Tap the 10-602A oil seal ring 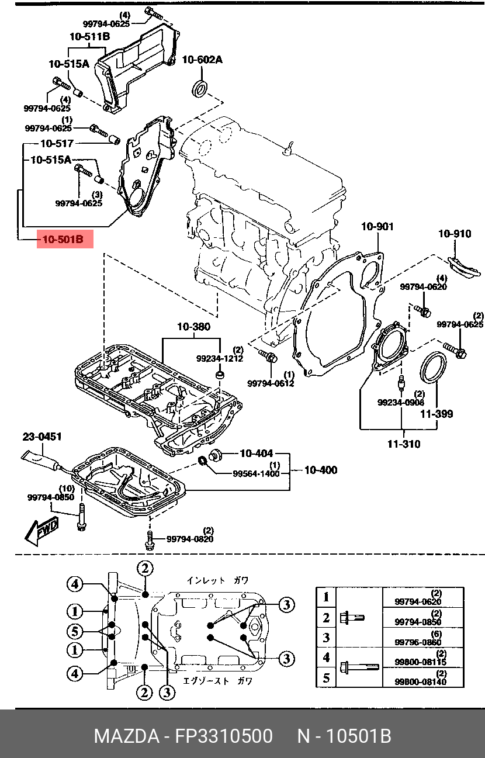200,89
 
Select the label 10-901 377,226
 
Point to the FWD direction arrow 42,532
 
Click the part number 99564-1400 256,473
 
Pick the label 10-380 194,327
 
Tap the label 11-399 437,414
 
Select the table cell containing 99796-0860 423,638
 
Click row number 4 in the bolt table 326,657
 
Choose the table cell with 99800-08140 423,677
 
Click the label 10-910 455,234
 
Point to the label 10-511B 89,37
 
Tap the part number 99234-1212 220,358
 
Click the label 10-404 256,453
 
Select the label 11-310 404,444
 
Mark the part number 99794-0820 190,539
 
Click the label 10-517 57,144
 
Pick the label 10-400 321,470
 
